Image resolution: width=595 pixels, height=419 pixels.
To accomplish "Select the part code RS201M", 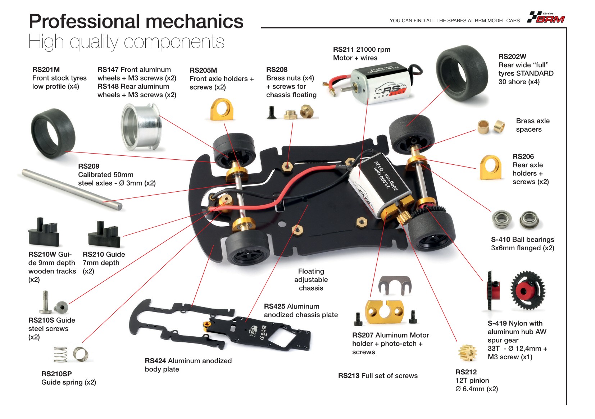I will [46, 70].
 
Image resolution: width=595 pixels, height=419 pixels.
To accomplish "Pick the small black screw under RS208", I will [271, 112].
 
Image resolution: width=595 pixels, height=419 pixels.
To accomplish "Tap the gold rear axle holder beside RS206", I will [491, 168].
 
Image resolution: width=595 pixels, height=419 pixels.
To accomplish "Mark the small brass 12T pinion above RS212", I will [467, 352].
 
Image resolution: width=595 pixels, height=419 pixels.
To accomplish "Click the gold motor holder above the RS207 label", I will [384, 312].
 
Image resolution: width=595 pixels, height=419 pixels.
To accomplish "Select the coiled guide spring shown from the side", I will [60, 354].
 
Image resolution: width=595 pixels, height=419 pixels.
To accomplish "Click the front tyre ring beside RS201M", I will [53, 134].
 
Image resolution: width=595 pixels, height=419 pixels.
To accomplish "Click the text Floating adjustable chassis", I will [311, 279].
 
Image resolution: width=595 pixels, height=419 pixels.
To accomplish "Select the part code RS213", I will [349, 376].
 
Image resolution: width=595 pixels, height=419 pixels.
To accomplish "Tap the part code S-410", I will [500, 240].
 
